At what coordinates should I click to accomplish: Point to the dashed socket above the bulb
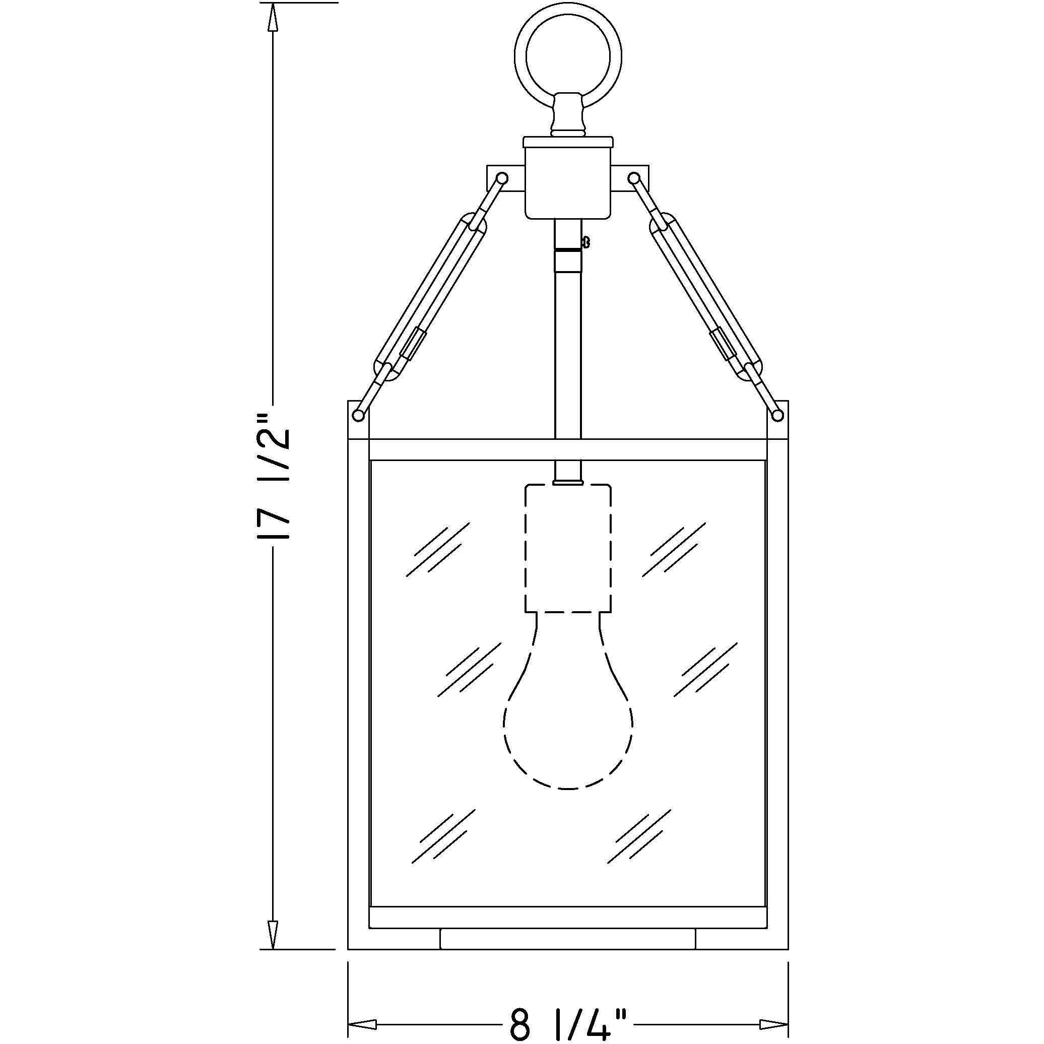(x=568, y=548)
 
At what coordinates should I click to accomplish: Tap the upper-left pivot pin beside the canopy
(x=501, y=178)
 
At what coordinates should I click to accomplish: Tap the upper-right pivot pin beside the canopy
(x=634, y=178)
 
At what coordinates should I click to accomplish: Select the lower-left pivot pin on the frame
(x=358, y=415)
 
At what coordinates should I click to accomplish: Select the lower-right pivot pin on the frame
(x=778, y=415)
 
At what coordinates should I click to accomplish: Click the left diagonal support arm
(x=430, y=297)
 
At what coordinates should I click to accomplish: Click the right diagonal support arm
(x=706, y=297)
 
